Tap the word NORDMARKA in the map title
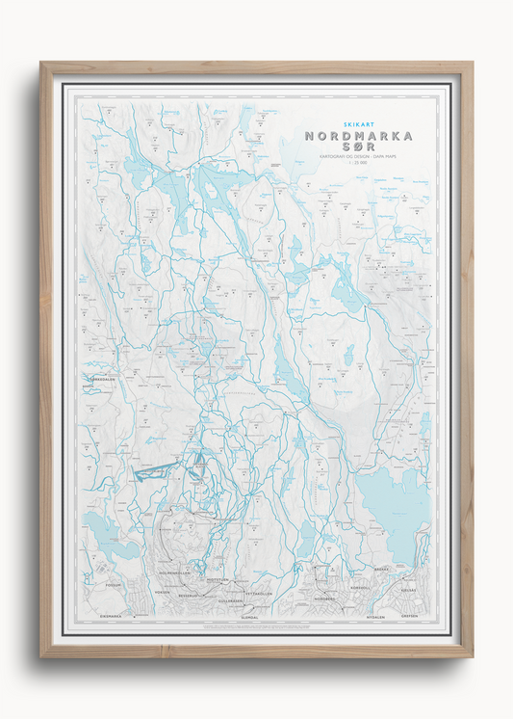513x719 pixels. [x=357, y=136]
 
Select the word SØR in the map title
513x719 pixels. [x=357, y=151]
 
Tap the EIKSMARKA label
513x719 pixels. [x=113, y=614]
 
